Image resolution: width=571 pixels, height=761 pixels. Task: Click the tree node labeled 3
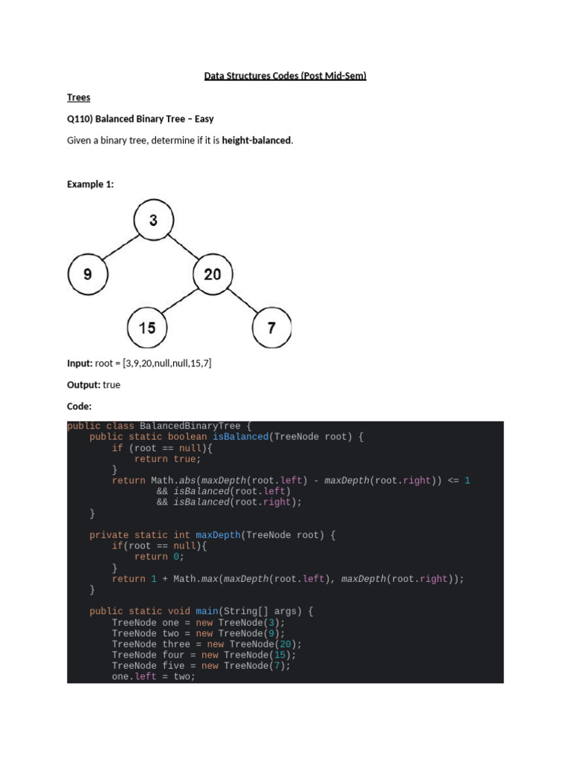(x=153, y=220)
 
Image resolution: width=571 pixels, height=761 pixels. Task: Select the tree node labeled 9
(x=88, y=273)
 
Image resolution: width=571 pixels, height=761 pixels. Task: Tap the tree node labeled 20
(x=213, y=273)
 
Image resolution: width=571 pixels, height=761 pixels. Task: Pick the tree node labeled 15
(x=147, y=327)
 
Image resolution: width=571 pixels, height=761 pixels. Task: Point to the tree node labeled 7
(x=272, y=327)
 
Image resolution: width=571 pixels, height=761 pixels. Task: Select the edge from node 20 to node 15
(x=180, y=300)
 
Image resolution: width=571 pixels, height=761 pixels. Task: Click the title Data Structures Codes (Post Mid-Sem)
(x=285, y=76)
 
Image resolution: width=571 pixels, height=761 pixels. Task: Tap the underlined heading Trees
(x=78, y=97)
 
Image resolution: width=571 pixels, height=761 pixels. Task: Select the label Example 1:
(x=90, y=184)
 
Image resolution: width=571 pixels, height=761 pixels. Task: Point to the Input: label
(x=80, y=363)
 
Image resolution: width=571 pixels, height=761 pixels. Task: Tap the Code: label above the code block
(x=79, y=407)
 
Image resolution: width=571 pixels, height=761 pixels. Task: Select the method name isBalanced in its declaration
(x=240, y=437)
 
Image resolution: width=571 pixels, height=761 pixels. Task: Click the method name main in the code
(x=207, y=612)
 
